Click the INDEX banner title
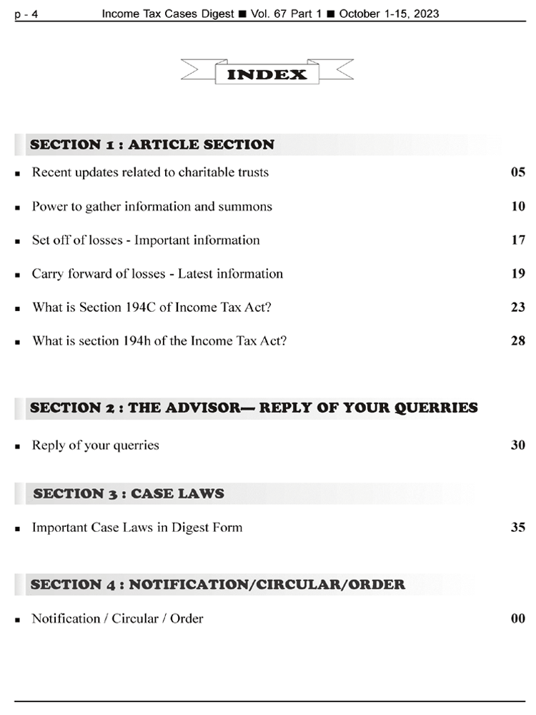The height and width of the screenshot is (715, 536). tap(267, 74)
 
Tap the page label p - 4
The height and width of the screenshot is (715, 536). tap(26, 14)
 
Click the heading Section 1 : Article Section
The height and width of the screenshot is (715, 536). tap(152, 144)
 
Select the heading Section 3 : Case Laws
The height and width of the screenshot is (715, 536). tap(129, 493)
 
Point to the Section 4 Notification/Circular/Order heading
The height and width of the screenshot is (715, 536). tap(217, 584)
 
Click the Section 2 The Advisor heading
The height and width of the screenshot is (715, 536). tap(254, 408)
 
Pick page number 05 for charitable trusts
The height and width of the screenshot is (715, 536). tap(518, 172)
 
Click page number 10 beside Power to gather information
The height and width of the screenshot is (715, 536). tap(518, 207)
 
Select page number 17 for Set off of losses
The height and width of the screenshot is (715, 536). tap(518, 240)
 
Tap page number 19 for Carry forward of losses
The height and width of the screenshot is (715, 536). tap(518, 274)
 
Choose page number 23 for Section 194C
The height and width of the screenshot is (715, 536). tap(518, 307)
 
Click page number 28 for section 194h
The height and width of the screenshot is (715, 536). tap(518, 341)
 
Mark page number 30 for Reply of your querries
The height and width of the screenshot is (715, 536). tap(518, 445)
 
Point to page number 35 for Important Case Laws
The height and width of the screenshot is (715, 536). tap(518, 528)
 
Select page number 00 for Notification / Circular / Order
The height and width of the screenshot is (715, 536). tap(518, 618)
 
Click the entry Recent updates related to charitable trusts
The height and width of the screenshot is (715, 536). tap(150, 172)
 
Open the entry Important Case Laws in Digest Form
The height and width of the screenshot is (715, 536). tap(137, 528)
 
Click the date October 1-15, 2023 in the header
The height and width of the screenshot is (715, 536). tap(389, 14)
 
